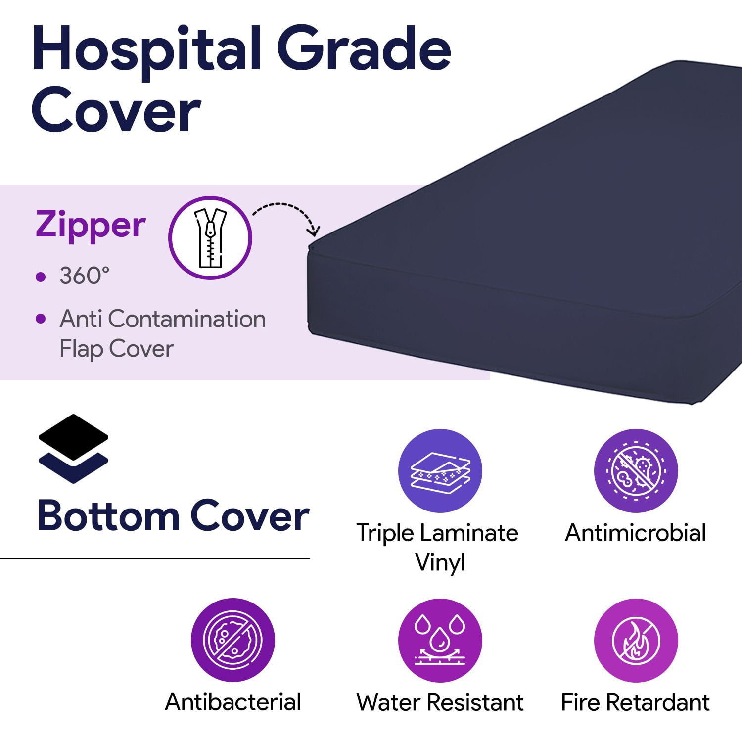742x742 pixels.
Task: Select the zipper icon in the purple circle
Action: point(210,237)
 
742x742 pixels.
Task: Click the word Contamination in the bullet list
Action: point(186,319)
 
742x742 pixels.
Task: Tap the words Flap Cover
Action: point(116,349)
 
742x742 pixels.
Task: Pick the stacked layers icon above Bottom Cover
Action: point(73,448)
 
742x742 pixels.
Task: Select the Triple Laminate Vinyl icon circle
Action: point(440,470)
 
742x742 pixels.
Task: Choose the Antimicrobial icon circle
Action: point(636,470)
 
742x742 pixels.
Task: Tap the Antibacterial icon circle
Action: point(233,640)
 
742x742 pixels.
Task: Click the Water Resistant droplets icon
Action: point(440,640)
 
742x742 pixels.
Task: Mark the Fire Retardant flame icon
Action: point(636,640)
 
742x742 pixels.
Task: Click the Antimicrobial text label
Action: point(636,533)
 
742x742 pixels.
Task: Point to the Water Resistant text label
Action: point(440,702)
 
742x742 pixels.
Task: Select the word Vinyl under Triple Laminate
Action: point(440,562)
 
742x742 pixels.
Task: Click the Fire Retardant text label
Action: point(636,702)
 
